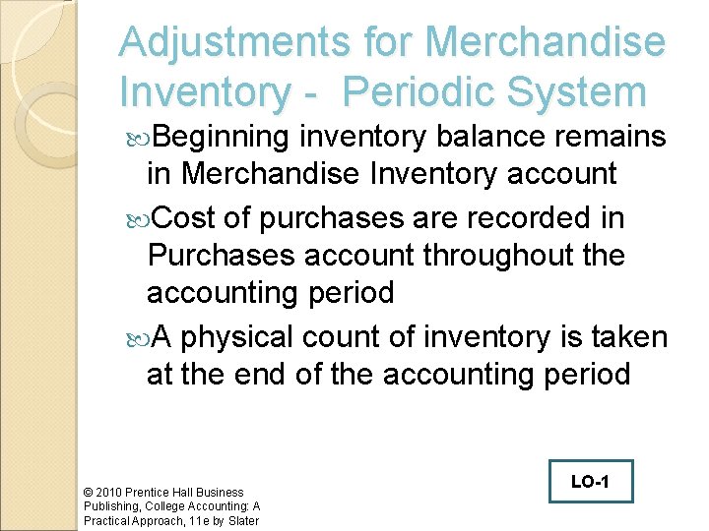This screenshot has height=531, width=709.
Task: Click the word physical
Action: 238,336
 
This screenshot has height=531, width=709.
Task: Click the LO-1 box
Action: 591,482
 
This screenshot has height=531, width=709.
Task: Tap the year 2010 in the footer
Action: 109,492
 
